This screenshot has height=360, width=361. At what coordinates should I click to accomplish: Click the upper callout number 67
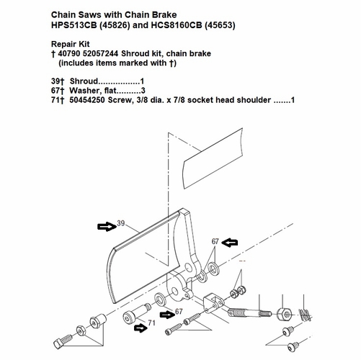coord(214,242)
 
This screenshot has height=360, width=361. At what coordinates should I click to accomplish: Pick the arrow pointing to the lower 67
coord(166,313)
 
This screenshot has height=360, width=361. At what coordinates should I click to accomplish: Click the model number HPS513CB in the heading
coord(80,26)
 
